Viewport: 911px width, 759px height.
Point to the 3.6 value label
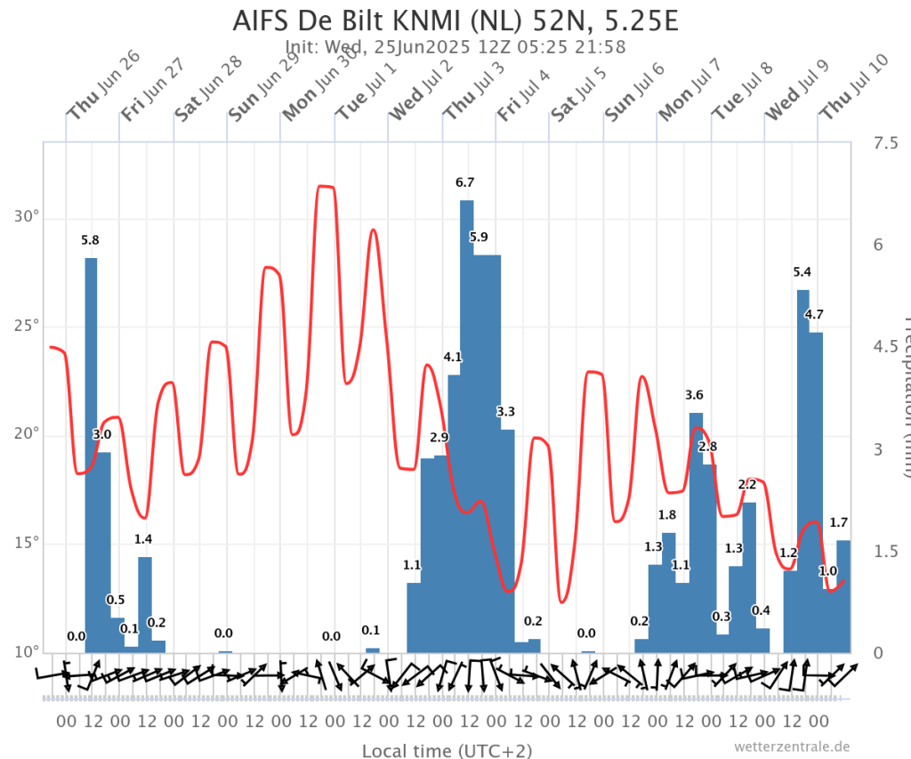click(694, 394)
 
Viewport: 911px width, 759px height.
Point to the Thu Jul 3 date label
click(475, 89)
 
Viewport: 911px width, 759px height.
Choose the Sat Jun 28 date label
click(206, 89)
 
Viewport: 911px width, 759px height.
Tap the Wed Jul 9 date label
click(797, 89)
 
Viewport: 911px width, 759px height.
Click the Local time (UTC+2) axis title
click(447, 751)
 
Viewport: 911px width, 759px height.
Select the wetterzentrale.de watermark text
click(792, 747)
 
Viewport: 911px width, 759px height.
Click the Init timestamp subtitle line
click(455, 47)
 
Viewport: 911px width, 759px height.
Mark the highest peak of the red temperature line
click(325, 186)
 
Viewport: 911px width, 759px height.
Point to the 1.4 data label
click(143, 539)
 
